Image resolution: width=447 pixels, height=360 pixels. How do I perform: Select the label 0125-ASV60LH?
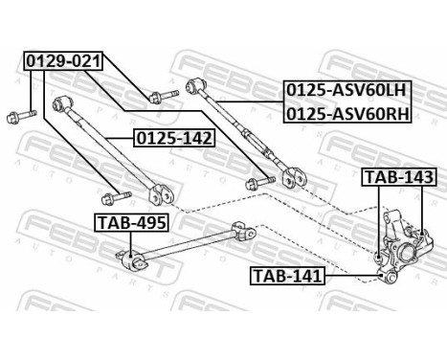point(346,91)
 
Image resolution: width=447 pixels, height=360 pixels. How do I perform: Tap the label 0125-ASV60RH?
point(346,112)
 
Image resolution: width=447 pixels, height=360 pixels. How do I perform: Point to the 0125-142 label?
point(174,137)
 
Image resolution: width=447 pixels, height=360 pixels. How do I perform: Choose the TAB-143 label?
point(398,178)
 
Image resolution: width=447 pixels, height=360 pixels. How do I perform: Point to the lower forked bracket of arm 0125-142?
point(167,191)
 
